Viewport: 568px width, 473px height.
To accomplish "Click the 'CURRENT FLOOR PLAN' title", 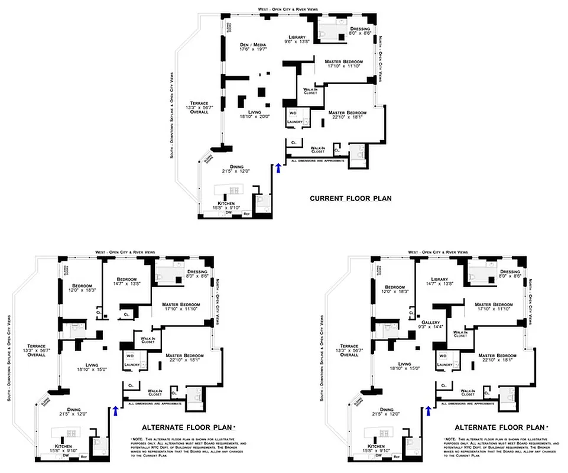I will (350, 199).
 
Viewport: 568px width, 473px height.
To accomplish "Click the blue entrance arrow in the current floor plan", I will (278, 169).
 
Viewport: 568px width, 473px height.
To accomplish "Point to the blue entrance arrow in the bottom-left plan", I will (115, 411).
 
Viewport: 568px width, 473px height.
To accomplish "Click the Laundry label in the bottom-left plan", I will (130, 365).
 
